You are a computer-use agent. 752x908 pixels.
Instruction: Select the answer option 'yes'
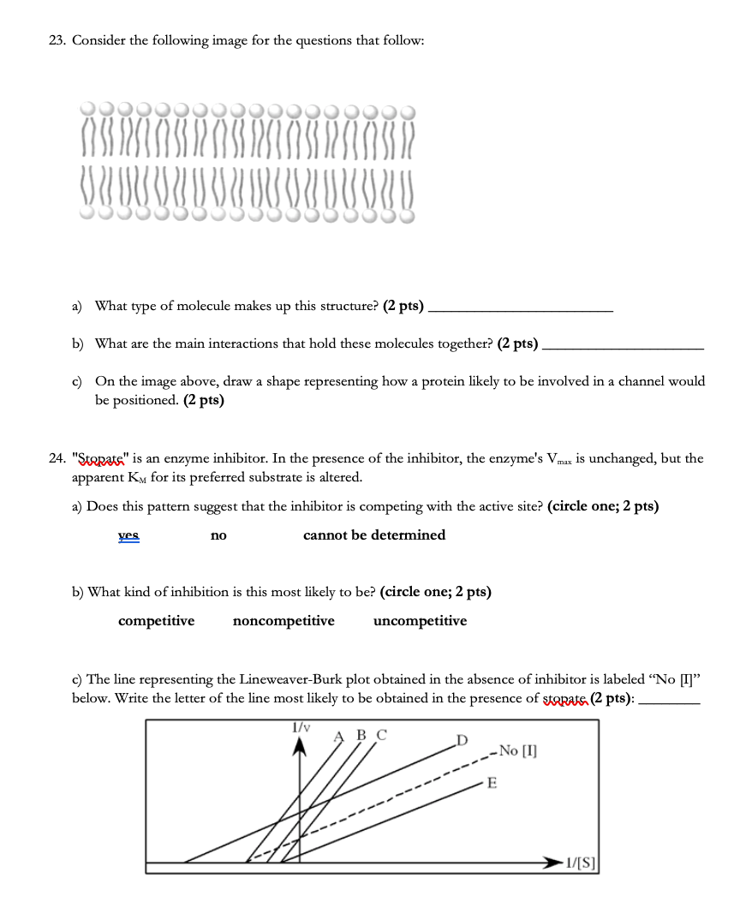pos(128,535)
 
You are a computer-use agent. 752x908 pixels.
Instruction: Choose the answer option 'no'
pos(218,535)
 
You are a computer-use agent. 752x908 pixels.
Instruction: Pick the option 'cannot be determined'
pos(374,535)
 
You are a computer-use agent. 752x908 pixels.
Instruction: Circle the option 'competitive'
pos(156,621)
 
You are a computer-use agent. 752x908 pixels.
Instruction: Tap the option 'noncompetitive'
pos(283,621)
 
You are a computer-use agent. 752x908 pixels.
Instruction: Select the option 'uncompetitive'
pos(421,621)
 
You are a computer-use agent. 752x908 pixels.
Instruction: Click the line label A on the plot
pos(339,735)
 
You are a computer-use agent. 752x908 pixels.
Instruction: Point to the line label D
pos(463,738)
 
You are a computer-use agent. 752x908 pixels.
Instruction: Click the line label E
pos(491,782)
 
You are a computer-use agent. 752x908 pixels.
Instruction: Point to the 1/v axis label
pos(301,727)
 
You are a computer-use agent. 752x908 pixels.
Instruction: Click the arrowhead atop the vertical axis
pos(300,748)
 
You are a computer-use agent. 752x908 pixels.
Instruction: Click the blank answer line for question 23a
pos(520,310)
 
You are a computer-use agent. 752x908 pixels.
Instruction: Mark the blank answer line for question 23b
pos(624,349)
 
